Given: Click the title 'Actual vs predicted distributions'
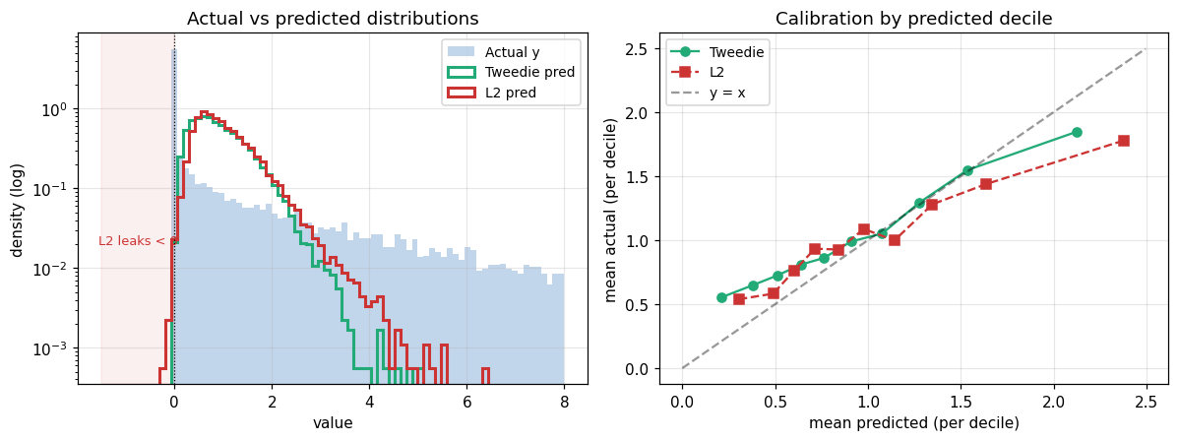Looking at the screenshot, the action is (333, 18).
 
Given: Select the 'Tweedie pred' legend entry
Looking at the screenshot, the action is (508, 72).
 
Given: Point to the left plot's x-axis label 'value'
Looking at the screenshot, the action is (333, 423).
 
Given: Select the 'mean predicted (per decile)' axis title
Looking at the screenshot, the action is (913, 423).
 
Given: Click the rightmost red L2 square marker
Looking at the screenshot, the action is (1123, 141).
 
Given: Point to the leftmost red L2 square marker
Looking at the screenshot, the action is (738, 299).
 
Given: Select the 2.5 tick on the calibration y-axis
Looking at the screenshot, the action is (641, 49).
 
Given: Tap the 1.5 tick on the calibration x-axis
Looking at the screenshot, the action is (961, 401).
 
